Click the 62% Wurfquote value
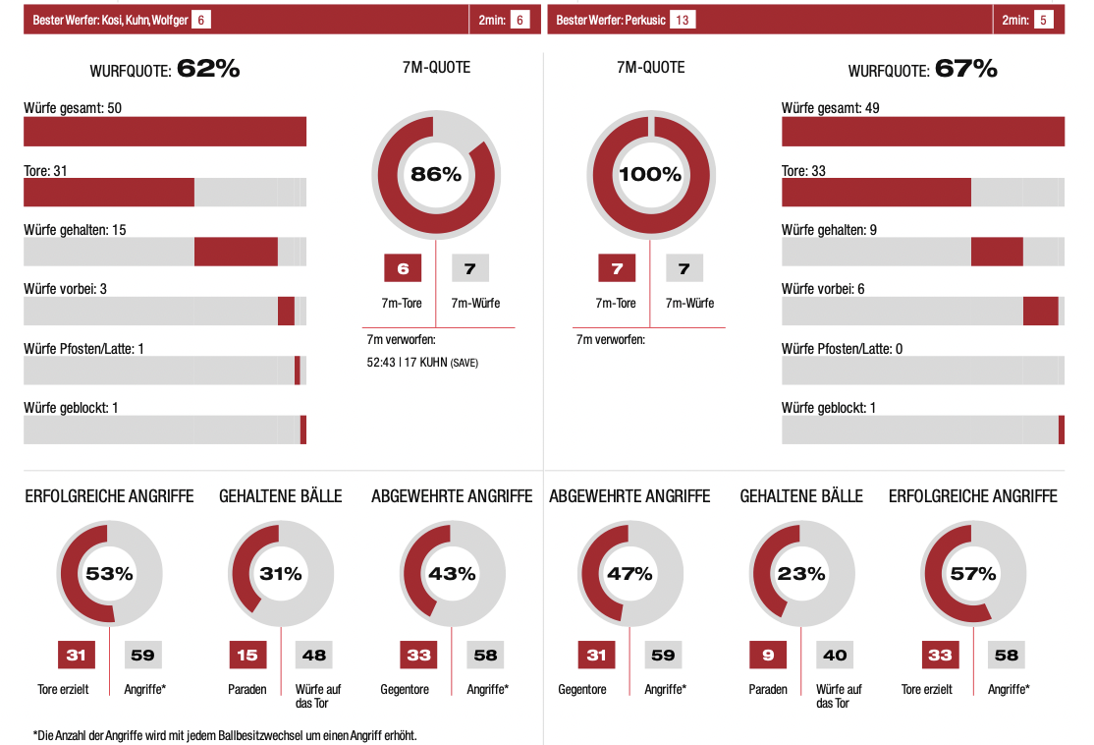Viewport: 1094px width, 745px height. (208, 69)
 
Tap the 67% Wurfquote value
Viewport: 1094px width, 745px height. (965, 69)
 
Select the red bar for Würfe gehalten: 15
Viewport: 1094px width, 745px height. (236, 252)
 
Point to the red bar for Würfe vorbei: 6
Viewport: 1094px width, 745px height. (1040, 311)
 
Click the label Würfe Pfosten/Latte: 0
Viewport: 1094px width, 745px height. (842, 349)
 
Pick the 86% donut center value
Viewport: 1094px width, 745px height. (436, 175)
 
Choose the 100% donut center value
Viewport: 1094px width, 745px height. (650, 175)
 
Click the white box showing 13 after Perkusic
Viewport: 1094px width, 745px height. (684, 20)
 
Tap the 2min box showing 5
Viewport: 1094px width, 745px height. (1043, 20)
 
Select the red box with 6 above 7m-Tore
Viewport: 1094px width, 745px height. (403, 268)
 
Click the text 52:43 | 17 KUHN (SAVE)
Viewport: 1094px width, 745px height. (422, 363)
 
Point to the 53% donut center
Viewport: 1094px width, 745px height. (109, 574)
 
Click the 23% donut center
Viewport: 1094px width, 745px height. (801, 574)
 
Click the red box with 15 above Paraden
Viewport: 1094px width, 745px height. (247, 656)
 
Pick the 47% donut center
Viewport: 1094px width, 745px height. (629, 574)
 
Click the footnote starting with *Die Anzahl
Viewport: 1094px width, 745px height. (225, 735)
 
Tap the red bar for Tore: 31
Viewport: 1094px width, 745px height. (109, 193)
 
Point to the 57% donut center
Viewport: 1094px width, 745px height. (973, 574)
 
